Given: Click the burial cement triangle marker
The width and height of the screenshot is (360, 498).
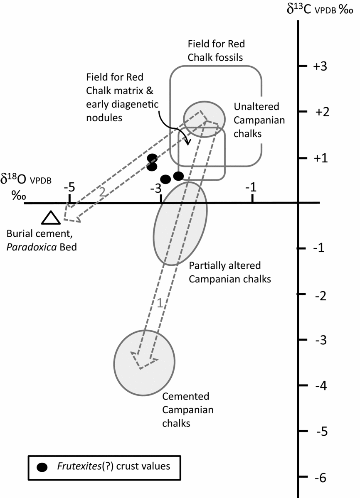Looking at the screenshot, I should (51, 217).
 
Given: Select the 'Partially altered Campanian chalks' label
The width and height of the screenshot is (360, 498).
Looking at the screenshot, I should (229, 272).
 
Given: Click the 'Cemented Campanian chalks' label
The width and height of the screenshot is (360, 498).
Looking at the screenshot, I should (188, 410).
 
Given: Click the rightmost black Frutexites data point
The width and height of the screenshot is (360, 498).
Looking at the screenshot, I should (178, 176).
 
